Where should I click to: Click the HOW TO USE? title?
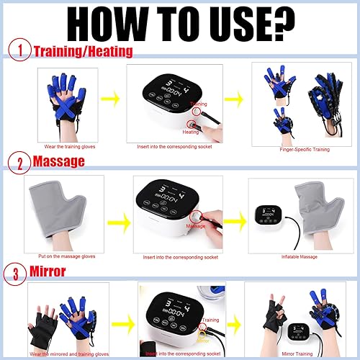coord(180,24)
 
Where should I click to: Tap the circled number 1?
coord(22,51)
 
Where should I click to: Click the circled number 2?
coord(22,161)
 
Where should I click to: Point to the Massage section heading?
coord(60,161)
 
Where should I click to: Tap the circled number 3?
coord(22,272)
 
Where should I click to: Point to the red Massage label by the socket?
coord(195,227)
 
